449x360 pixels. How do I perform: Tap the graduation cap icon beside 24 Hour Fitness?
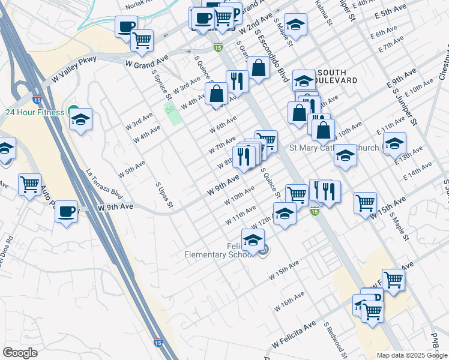(x=80, y=119)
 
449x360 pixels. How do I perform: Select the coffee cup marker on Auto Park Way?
(x=66, y=212)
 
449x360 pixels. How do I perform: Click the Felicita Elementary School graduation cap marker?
(x=253, y=241)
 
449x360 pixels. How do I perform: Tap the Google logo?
(x=20, y=353)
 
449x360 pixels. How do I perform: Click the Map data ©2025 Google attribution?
(x=412, y=355)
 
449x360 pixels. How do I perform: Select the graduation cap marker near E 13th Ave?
(x=394, y=144)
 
